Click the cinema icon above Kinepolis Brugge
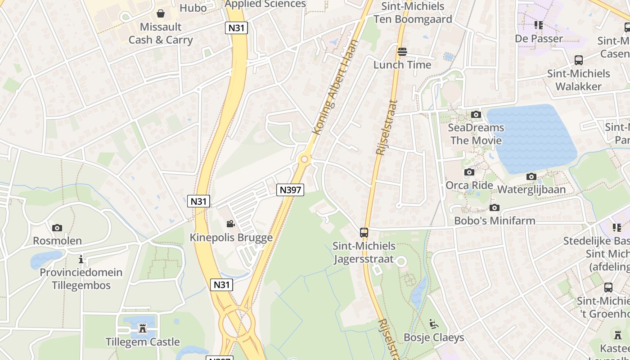click(230, 224)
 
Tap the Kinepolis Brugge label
click(231, 238)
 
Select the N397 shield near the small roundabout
click(290, 190)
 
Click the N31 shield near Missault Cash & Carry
click(237, 28)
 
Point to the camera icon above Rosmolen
click(57, 228)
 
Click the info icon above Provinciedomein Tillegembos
click(81, 259)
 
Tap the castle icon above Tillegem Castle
click(143, 328)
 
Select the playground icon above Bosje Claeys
click(433, 324)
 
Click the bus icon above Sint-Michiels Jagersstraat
click(364, 233)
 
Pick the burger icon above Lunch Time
click(402, 52)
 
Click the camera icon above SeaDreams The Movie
click(476, 114)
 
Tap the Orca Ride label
click(469, 185)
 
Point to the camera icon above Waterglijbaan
click(531, 176)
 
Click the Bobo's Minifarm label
click(495, 220)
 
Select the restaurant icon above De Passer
click(539, 25)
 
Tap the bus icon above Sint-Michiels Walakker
click(579, 60)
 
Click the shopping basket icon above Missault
click(161, 13)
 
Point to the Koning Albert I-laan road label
click(336, 87)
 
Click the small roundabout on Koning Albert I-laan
click(305, 159)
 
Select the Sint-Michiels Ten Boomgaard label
click(413, 13)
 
